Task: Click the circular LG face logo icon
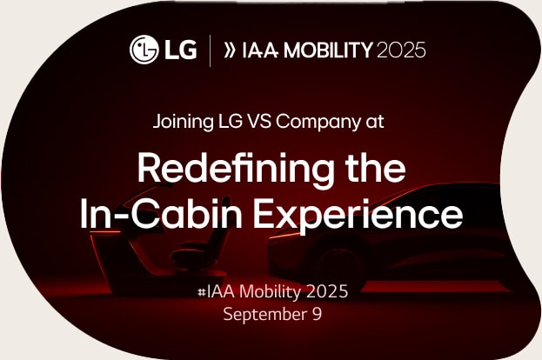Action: pyautogui.click(x=144, y=50)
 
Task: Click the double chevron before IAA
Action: pyautogui.click(x=231, y=50)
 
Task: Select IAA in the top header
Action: pyautogui.click(x=261, y=50)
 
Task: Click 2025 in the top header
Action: pyautogui.click(x=401, y=50)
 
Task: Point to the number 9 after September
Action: pyautogui.click(x=317, y=313)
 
